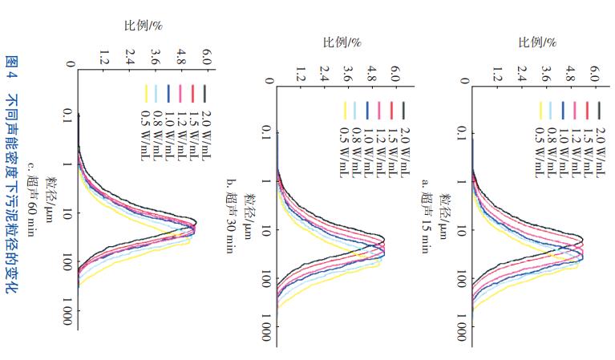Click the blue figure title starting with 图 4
pyautogui.click(x=12, y=180)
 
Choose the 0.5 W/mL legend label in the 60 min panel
pyautogui.click(x=147, y=130)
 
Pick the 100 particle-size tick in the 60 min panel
pyautogui.click(x=66, y=261)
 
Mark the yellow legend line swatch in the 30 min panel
pyautogui.click(x=349, y=110)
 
